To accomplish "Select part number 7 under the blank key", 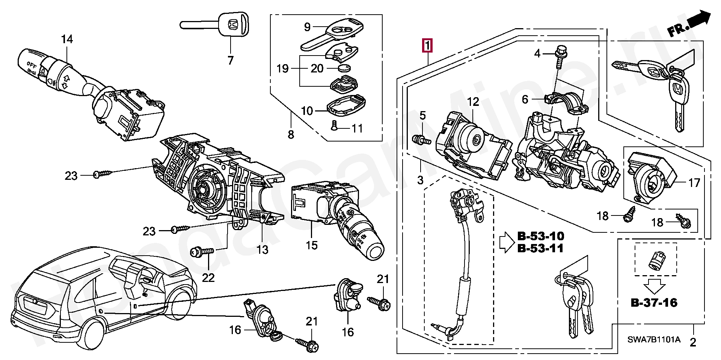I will coord(230,60).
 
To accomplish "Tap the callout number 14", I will coord(67,39).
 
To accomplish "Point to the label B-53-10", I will coord(540,236).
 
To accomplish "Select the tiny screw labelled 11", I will coord(335,128).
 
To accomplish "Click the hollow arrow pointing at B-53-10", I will coord(507,242).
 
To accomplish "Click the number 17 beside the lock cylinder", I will coord(694,183).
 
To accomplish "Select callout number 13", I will coord(262,249).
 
